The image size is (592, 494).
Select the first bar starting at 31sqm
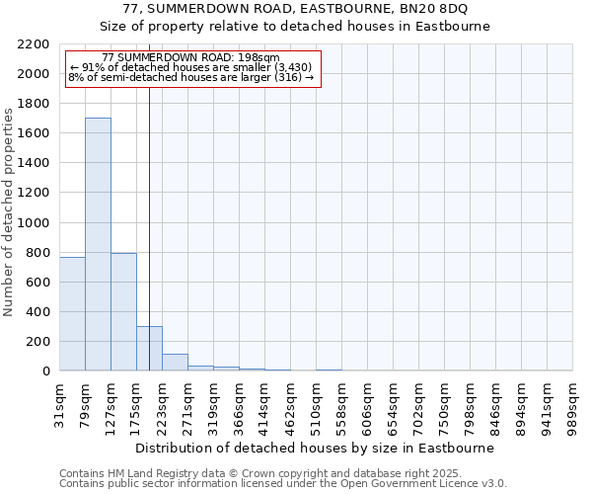[x=72, y=313]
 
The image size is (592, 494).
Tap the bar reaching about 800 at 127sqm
[x=123, y=311]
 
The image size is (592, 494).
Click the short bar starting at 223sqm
[x=175, y=362]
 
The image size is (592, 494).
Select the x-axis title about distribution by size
[x=315, y=448]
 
